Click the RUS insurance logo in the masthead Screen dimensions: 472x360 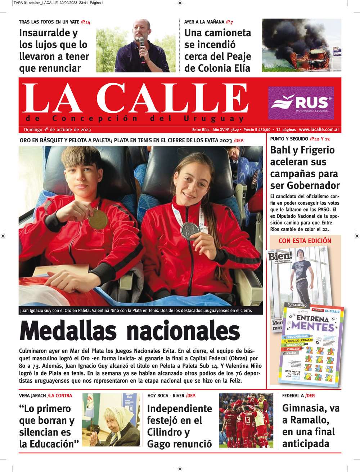click(301, 103)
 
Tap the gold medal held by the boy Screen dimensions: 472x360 click(98, 219)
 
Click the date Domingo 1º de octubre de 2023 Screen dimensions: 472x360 click(57, 130)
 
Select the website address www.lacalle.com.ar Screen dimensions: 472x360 click(319, 130)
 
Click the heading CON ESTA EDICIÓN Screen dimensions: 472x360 click(305, 241)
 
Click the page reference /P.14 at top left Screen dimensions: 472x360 click(85, 22)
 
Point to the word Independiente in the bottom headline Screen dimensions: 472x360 click(180, 409)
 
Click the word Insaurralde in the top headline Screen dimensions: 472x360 click(48, 33)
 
